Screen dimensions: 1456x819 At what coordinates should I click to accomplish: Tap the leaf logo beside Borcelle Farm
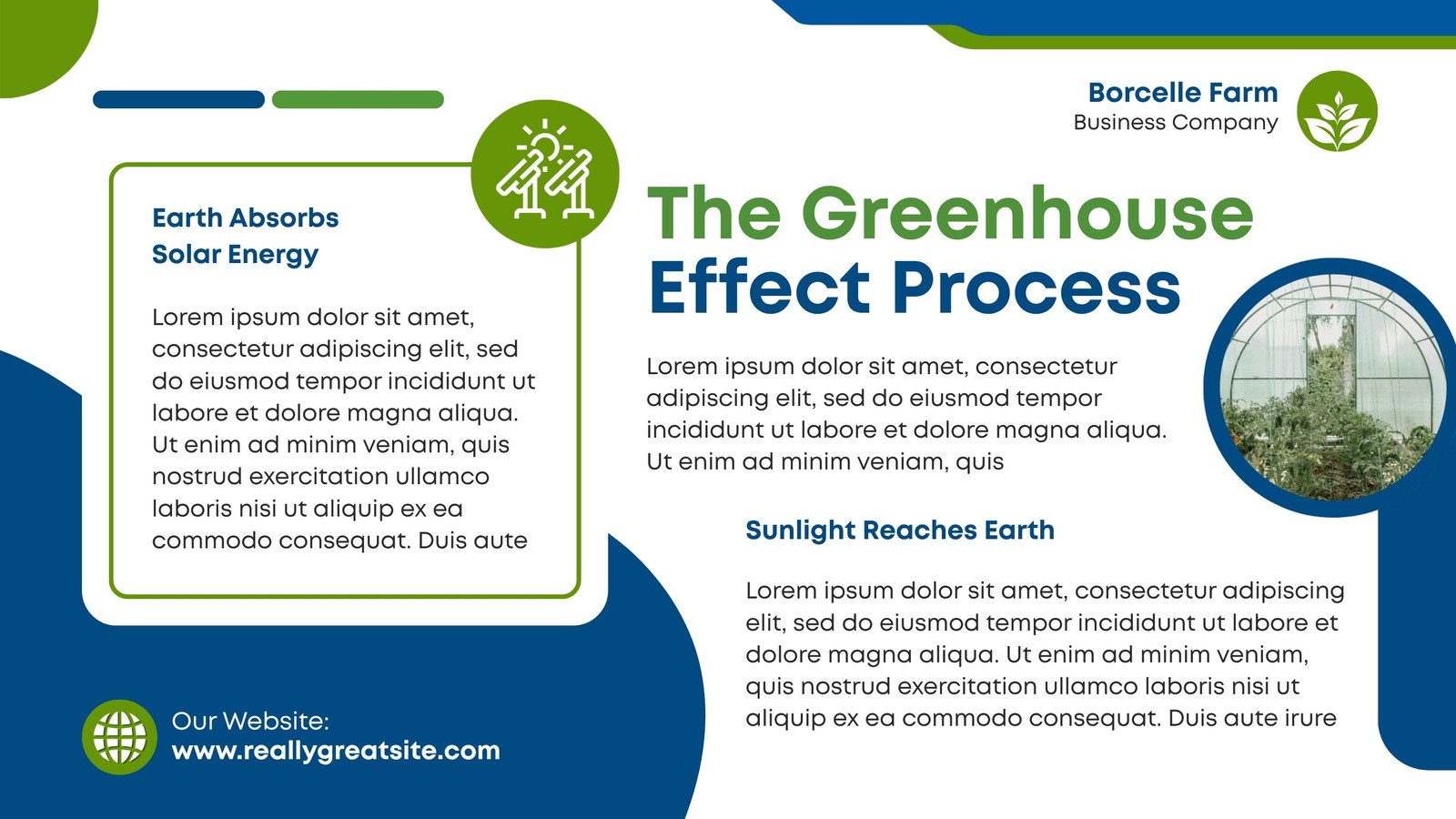tap(1337, 111)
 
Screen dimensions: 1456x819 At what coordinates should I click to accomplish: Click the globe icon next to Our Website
tap(119, 737)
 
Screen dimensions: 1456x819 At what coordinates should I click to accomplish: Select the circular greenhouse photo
tap(1330, 388)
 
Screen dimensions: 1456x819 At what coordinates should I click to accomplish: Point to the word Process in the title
tap(1036, 288)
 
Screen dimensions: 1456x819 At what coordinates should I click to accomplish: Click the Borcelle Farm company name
tap(1183, 92)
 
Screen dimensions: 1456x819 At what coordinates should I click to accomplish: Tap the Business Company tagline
tap(1176, 122)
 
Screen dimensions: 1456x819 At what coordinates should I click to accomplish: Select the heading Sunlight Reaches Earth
tap(900, 531)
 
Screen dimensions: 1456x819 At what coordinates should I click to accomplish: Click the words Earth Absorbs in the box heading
tap(245, 217)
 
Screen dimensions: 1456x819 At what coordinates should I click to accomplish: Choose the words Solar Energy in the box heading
tap(236, 254)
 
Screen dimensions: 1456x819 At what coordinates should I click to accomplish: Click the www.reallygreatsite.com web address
tap(336, 751)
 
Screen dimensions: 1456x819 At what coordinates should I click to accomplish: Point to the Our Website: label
tap(250, 721)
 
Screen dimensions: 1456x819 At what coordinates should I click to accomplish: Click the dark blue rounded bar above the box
tap(178, 99)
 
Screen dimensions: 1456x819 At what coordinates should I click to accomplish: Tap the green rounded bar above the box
tap(358, 99)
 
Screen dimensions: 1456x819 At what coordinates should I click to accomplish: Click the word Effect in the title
tap(759, 288)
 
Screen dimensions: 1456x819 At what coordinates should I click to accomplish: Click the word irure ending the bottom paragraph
tap(1311, 718)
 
